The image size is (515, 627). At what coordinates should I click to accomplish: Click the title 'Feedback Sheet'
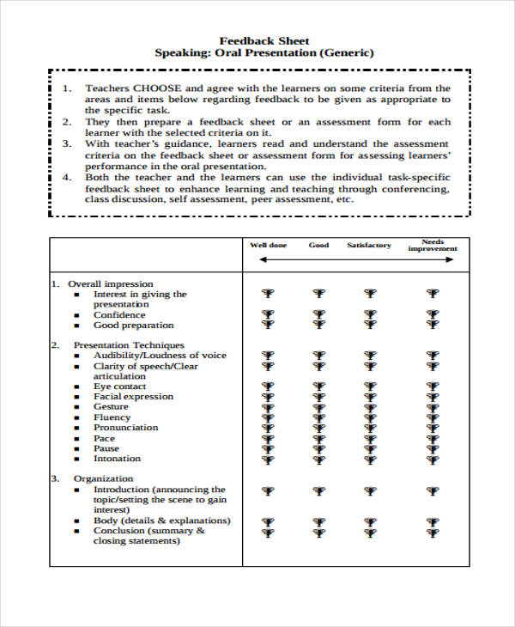pos(264,40)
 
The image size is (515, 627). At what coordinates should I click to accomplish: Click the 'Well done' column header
pos(268,246)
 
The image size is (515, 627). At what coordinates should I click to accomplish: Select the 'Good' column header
pos(318,246)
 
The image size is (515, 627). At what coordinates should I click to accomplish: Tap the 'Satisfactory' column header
pos(369,246)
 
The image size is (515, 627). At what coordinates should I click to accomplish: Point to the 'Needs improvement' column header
pos(433,246)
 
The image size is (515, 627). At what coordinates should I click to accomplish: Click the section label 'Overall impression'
pos(111,283)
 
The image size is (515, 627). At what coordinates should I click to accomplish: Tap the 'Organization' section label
pos(105,479)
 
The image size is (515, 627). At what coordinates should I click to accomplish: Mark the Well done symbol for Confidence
pos(268,314)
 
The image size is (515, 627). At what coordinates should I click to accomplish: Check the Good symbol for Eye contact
pos(318,387)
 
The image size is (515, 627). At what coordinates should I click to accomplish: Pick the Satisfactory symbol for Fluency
pos(369,417)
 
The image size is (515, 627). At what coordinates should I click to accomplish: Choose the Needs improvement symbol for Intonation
pos(433,458)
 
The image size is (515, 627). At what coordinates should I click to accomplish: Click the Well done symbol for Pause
pos(268,448)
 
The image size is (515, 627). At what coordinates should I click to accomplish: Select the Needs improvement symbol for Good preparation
pos(433,325)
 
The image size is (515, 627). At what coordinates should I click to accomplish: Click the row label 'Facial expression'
pos(133,397)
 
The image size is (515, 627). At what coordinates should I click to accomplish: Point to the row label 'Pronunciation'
pos(125,428)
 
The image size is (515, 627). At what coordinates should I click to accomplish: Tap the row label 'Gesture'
pos(112,407)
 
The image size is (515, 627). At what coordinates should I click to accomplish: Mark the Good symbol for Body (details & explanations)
pos(318,520)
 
